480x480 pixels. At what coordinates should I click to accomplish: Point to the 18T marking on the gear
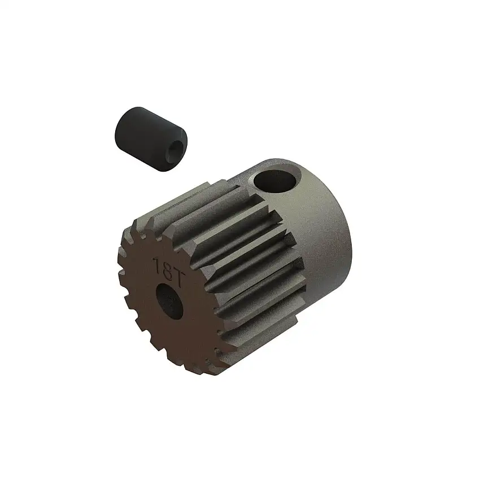coord(165,266)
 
